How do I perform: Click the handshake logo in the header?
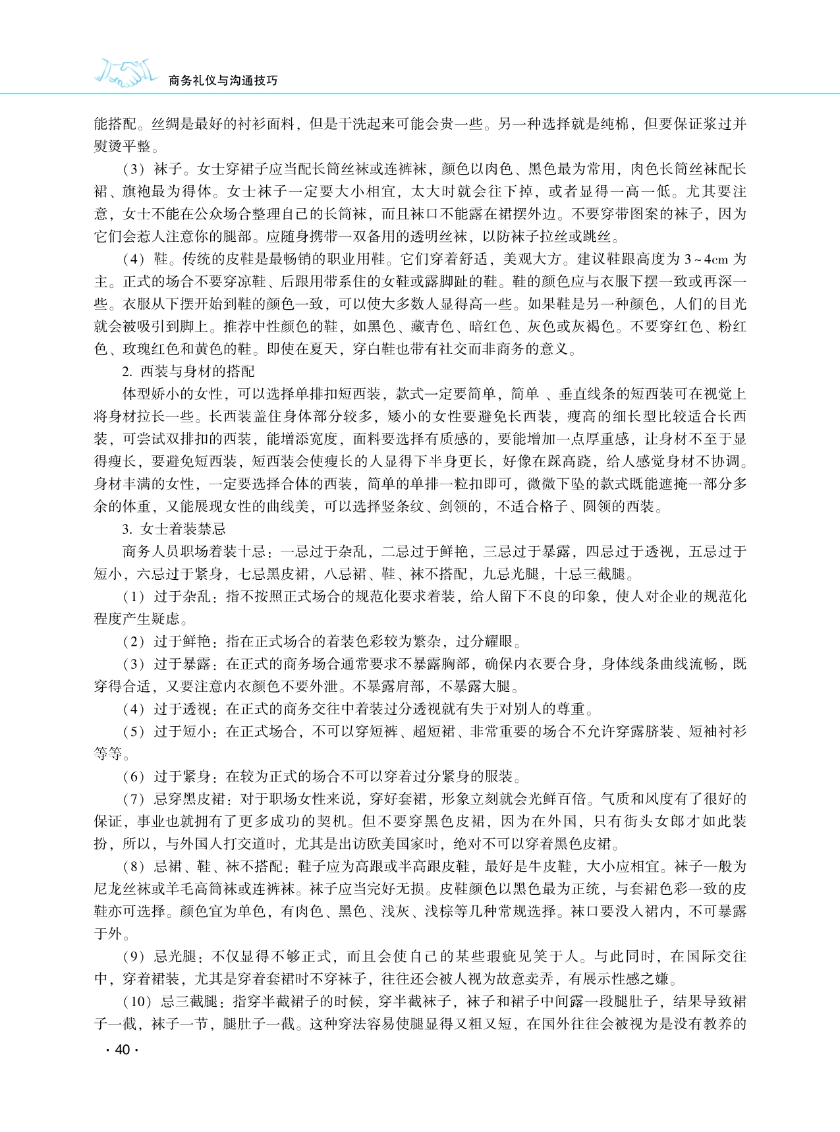pyautogui.click(x=126, y=73)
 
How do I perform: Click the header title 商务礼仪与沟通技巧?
pyautogui.click(x=223, y=80)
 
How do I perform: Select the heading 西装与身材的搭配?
pyautogui.click(x=197, y=372)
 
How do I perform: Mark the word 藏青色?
pyautogui.click(x=425, y=327)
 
